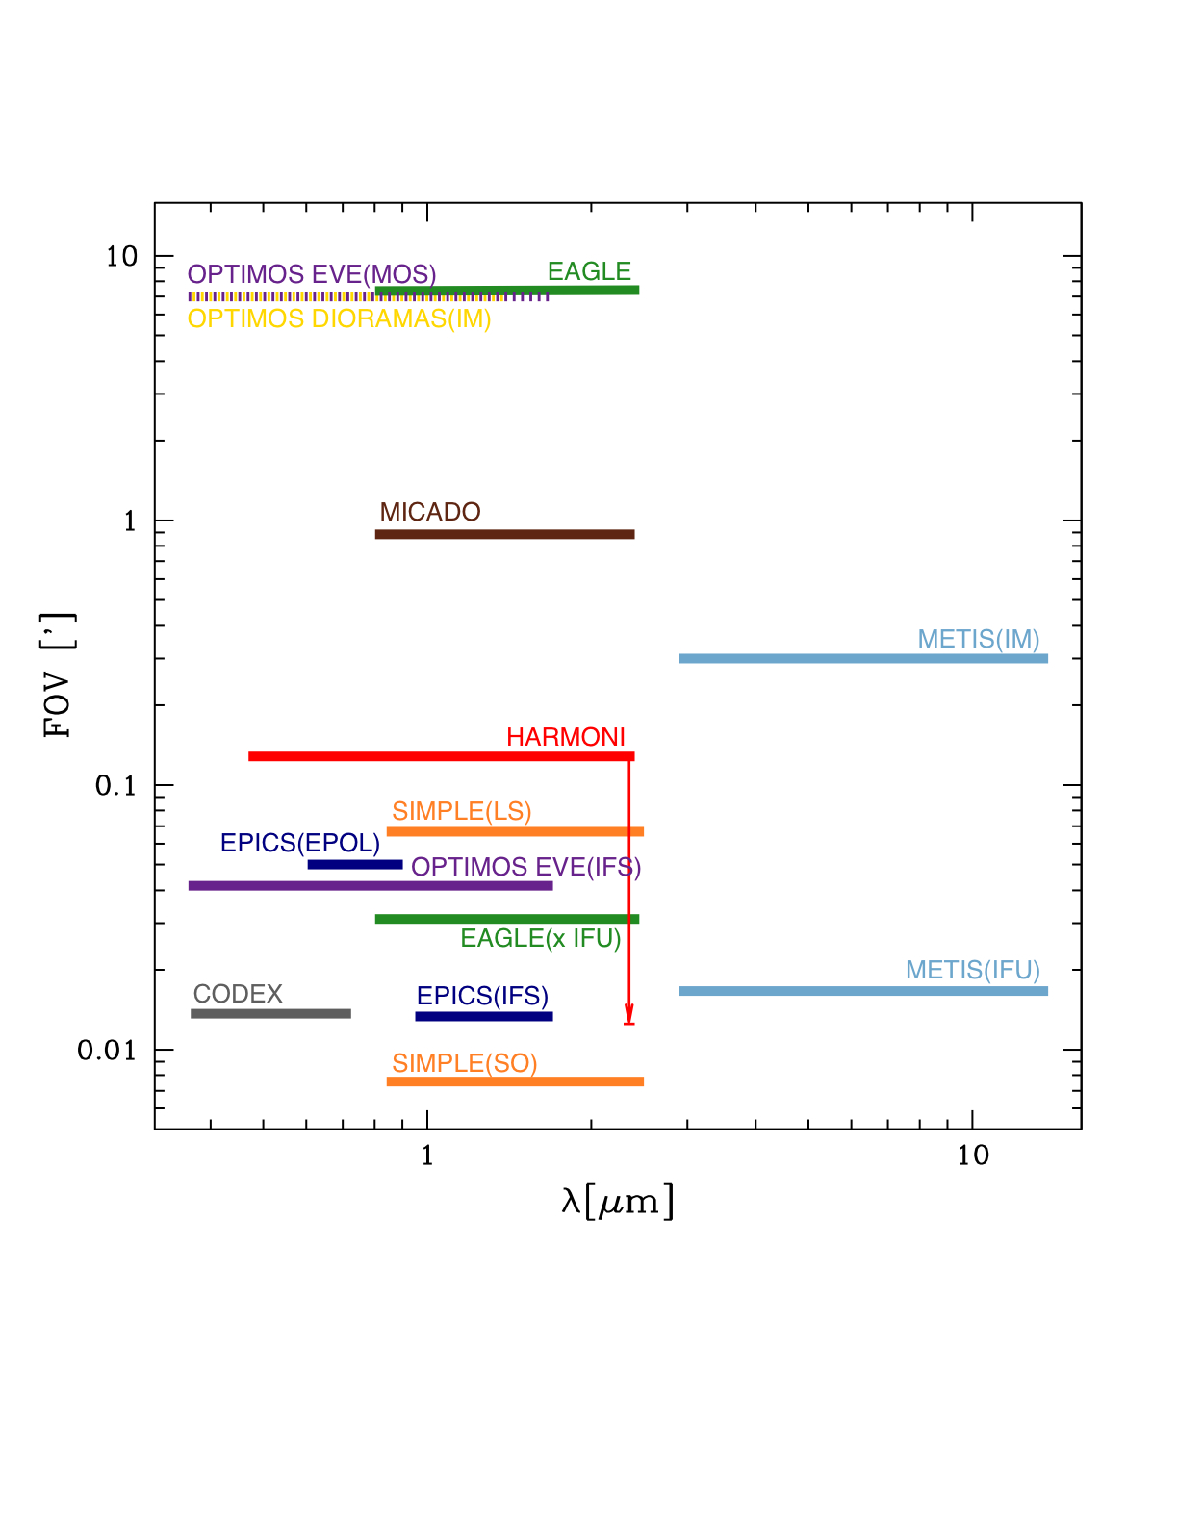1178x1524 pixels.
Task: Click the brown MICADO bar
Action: click(x=504, y=534)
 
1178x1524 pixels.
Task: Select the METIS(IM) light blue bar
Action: click(x=862, y=658)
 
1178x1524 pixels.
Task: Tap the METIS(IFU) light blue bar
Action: click(x=862, y=991)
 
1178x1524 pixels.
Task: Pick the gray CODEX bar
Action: click(x=270, y=1013)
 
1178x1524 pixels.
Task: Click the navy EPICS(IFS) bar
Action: click(x=483, y=1016)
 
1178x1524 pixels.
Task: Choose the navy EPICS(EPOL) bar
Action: click(x=354, y=864)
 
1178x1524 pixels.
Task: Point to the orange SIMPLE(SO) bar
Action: click(x=515, y=1081)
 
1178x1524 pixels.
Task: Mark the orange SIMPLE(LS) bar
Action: click(x=515, y=831)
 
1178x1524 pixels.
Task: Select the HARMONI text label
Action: click(x=566, y=737)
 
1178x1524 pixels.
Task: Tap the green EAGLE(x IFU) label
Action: click(x=541, y=938)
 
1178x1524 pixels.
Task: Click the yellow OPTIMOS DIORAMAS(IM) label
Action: click(x=339, y=318)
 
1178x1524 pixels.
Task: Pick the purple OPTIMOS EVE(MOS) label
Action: click(x=312, y=274)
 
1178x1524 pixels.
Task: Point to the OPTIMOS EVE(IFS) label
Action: click(x=525, y=867)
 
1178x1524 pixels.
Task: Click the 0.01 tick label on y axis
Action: click(x=107, y=1050)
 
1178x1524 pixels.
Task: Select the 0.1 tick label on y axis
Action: click(x=115, y=786)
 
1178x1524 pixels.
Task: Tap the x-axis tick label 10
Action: click(x=972, y=1156)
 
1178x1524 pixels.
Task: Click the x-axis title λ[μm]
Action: click(x=617, y=1203)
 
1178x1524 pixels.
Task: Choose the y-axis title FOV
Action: click(x=58, y=675)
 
